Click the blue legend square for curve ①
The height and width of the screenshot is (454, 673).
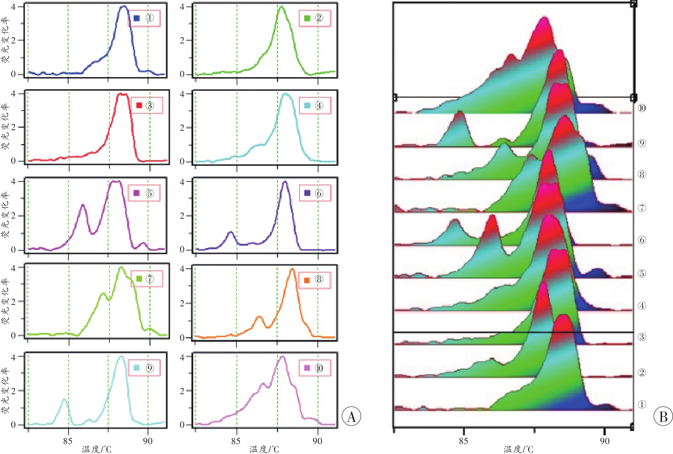click(x=137, y=18)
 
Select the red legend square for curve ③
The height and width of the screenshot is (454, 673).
click(x=139, y=106)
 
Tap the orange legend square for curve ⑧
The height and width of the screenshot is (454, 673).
click(x=307, y=280)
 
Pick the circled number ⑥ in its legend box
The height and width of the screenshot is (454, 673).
click(x=319, y=193)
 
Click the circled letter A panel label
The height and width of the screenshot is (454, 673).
click(x=351, y=416)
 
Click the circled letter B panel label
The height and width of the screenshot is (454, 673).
click(x=663, y=416)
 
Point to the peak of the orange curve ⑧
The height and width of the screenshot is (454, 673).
click(x=292, y=269)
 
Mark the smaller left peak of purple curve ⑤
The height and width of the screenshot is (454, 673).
click(x=83, y=205)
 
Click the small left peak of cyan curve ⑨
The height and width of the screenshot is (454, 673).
click(x=65, y=399)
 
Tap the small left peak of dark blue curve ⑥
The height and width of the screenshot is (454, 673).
click(x=231, y=232)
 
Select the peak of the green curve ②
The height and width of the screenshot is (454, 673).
click(x=282, y=7)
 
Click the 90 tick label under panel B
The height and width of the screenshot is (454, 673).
click(x=604, y=441)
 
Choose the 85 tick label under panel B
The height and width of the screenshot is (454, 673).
click(x=463, y=441)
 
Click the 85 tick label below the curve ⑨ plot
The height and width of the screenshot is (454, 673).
click(x=68, y=441)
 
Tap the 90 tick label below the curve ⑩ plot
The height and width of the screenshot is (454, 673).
click(x=317, y=441)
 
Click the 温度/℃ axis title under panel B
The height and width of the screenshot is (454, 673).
click(x=518, y=449)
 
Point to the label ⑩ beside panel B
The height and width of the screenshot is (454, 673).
click(x=642, y=108)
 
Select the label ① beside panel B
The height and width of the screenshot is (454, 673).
click(x=642, y=405)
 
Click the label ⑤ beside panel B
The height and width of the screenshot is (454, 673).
click(x=642, y=273)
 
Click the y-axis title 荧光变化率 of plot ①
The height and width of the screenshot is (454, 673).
click(x=5, y=40)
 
